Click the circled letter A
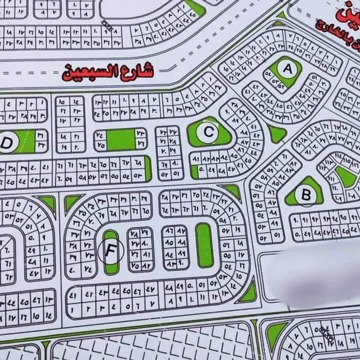287,69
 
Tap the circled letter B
306,196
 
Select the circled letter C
208,132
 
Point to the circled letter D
7,143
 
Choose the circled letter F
110,251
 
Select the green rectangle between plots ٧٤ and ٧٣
121,139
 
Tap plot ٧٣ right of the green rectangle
140,134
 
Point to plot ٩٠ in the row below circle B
296,221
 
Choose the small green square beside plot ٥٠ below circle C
194,171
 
